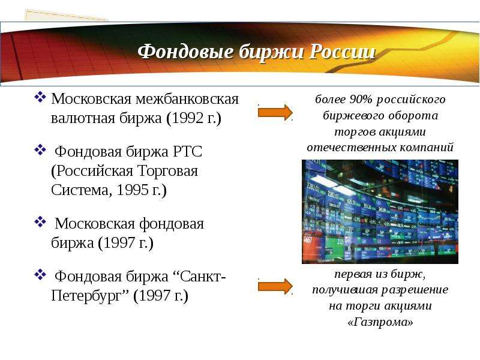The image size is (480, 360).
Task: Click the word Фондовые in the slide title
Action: coord(185,52)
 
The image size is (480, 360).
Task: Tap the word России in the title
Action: coord(342,52)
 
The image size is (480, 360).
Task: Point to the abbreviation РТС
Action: coord(188,152)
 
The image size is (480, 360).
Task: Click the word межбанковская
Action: coord(187,99)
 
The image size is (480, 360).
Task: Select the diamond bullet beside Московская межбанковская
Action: coord(40,98)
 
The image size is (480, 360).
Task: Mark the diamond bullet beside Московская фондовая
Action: coord(40,222)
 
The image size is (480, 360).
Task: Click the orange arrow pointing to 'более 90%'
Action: coord(275,112)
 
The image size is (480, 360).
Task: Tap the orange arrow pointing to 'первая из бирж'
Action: coord(275,287)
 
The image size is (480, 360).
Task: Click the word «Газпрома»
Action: coord(380,322)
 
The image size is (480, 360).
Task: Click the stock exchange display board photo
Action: coord(380,212)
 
